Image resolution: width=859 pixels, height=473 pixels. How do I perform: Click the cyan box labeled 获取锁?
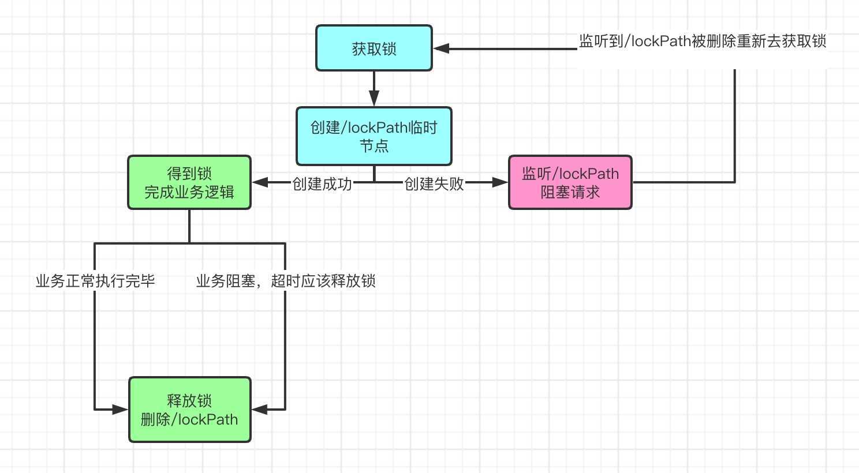click(374, 48)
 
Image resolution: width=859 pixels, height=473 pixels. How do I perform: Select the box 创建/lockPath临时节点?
click(374, 136)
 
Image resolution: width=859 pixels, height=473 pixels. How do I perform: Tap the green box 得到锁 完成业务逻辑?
click(189, 182)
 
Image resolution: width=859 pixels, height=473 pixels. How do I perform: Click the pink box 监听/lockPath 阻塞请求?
click(570, 182)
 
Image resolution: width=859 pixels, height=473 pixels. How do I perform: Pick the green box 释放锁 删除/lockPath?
click(189, 410)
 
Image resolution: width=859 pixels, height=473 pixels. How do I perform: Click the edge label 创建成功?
click(322, 183)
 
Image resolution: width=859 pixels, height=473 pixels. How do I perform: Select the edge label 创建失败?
click(434, 183)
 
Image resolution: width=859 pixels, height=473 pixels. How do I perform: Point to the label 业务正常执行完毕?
click(95, 281)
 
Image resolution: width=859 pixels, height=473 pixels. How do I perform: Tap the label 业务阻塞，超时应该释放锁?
click(286, 281)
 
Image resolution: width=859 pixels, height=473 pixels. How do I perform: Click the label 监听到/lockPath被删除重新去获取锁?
click(703, 41)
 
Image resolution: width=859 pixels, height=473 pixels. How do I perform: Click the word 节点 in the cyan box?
click(374, 146)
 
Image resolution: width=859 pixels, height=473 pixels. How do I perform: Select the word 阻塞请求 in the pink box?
click(570, 192)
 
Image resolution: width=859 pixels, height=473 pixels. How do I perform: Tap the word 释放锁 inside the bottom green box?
click(189, 400)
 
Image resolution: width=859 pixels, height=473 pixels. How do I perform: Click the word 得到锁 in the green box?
click(189, 173)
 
